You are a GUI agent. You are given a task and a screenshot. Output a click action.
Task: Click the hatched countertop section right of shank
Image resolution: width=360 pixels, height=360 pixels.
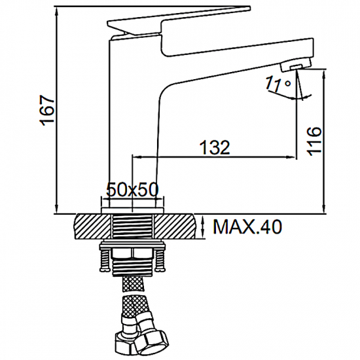click(177, 226)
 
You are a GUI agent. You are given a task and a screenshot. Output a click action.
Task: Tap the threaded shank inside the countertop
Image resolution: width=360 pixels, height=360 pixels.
click(134, 226)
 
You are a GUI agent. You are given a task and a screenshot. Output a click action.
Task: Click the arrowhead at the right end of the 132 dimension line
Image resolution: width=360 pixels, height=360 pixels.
click(292, 156)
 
